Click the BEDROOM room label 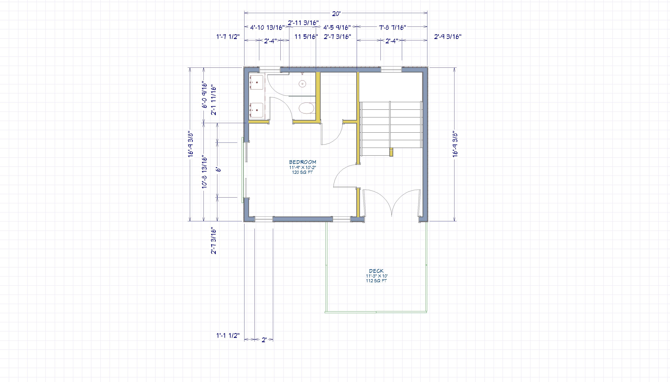point(303,162)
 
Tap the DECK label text point(376,271)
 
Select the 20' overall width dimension point(336,14)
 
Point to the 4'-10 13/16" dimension point(267,27)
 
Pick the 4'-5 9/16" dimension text point(337,27)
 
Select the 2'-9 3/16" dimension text point(448,36)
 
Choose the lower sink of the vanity point(73,110)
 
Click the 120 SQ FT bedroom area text point(303,172)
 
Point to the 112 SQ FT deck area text point(376,281)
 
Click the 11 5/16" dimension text point(306,36)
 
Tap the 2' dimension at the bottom point(264,340)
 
